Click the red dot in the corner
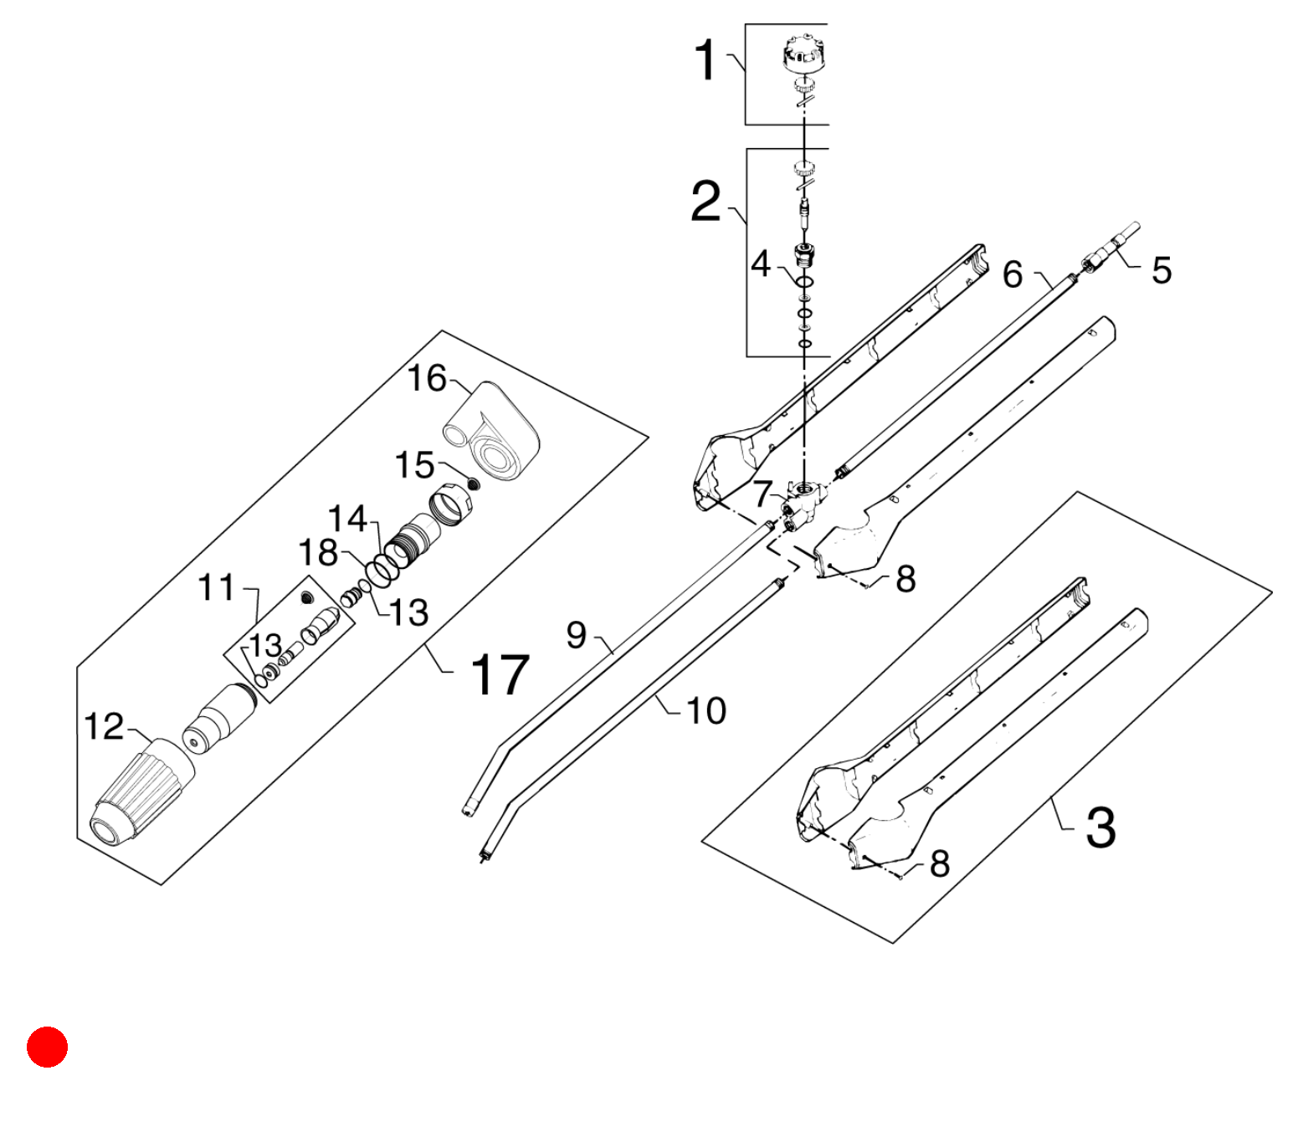47,1046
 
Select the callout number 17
499,675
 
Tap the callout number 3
1100,827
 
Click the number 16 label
427,378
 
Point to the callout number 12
104,726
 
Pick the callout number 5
1162,270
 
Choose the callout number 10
706,710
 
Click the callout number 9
577,635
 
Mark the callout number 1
705,60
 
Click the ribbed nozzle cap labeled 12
141,793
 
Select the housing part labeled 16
491,433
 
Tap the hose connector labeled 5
1111,248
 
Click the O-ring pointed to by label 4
805,282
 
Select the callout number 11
217,587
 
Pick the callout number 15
414,465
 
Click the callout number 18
318,552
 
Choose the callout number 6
1013,274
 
